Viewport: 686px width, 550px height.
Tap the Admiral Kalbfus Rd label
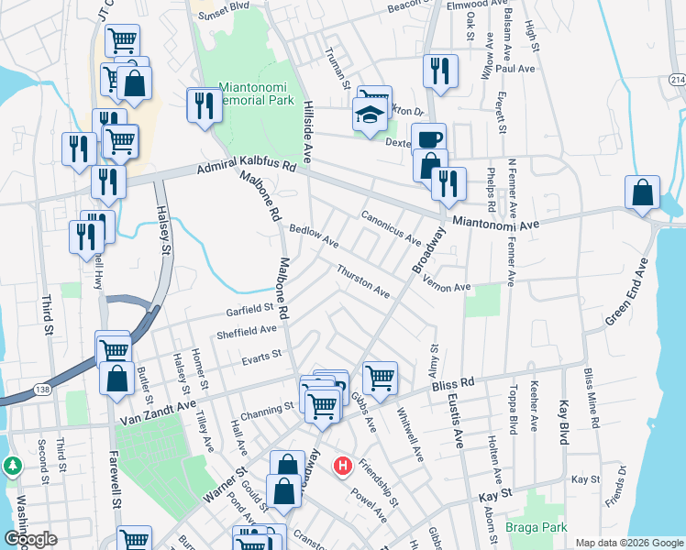pos(248,168)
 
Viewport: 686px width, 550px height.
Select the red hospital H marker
pos(343,467)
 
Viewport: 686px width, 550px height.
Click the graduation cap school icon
pos(369,115)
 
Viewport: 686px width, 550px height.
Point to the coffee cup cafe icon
pos(428,138)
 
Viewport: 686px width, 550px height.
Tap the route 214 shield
pos(677,81)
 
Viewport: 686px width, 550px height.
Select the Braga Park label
pos(536,527)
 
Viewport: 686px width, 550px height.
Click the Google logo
pos(30,539)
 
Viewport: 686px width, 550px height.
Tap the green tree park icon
pos(13,466)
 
